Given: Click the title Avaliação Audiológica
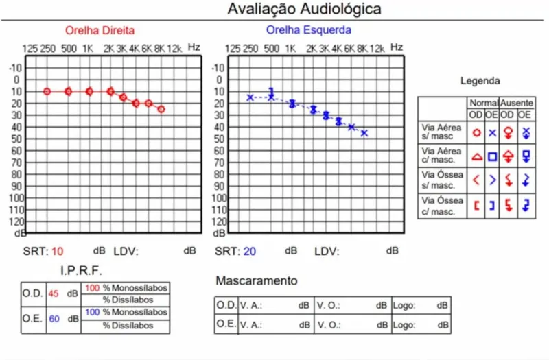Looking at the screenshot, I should (305, 9).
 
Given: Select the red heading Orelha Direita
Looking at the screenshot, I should (100, 31).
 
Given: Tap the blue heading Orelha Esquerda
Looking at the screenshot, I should (309, 30).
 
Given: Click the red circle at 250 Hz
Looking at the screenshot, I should (47, 91).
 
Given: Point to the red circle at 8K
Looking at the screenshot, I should (161, 109).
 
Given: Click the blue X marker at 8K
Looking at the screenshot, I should (364, 133).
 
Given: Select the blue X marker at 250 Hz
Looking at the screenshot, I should (250, 97).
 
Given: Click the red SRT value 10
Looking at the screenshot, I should (57, 251).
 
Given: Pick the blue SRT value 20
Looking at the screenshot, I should (250, 251).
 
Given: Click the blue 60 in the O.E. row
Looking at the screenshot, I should (54, 319).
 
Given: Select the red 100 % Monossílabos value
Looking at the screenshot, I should (92, 288).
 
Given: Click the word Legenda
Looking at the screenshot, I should (480, 81).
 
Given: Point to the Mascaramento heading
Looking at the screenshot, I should (257, 281).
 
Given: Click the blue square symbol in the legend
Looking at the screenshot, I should (492, 156).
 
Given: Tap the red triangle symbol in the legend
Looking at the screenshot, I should (477, 156).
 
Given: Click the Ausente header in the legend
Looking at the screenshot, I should (515, 101).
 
